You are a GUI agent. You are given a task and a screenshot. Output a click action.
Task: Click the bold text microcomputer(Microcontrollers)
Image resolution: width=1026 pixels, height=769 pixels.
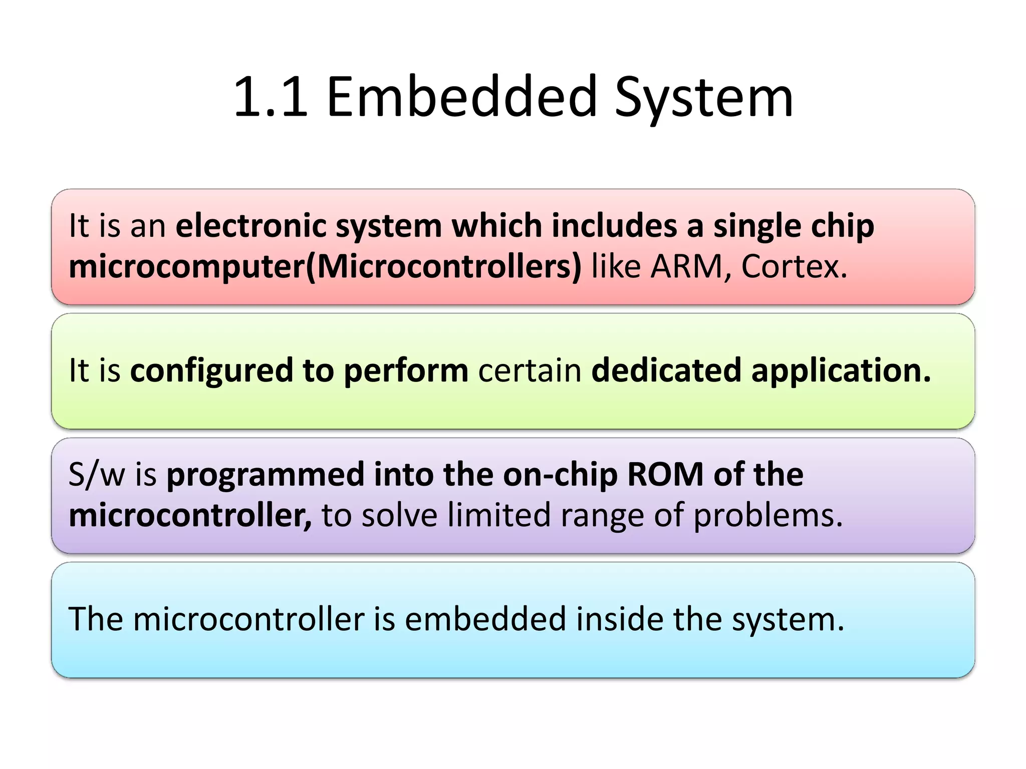point(325,267)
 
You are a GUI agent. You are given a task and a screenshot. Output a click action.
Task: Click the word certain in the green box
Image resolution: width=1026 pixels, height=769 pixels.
point(530,370)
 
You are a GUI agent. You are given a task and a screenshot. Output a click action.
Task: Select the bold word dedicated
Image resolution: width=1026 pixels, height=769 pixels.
point(666,370)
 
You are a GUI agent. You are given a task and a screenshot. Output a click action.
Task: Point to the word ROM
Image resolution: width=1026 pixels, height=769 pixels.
point(665,474)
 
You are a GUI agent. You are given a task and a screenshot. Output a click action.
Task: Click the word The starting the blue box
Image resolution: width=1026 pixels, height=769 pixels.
point(96,619)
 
